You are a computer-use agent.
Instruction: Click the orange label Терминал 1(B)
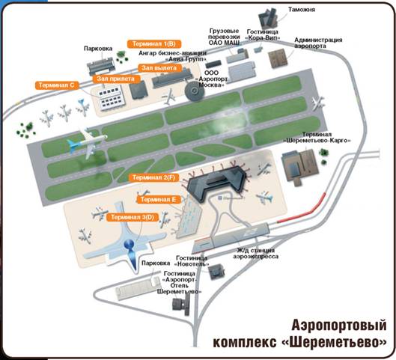[154, 44]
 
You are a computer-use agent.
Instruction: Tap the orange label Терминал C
[57, 85]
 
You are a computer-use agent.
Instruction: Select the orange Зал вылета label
[159, 68]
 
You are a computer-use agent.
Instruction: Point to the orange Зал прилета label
[116, 79]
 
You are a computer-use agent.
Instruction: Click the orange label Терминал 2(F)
[153, 177]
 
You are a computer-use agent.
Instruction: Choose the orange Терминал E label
[158, 199]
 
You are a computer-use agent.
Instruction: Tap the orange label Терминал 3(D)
[132, 217]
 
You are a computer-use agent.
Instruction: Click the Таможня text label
[302, 10]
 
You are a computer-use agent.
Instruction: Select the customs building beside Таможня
[269, 18]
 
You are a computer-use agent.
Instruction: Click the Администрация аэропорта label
[318, 43]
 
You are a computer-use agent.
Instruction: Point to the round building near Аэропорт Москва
[195, 91]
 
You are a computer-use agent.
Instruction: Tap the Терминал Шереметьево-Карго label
[317, 137]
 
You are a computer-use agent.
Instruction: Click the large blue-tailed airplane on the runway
[87, 144]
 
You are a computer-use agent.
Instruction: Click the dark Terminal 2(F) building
[216, 182]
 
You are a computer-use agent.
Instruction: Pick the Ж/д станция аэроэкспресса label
[255, 254]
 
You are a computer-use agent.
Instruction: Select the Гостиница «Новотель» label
[192, 261]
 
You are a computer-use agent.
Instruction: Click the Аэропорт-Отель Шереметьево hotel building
[181, 305]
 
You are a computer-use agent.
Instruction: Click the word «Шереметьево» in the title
[334, 342]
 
